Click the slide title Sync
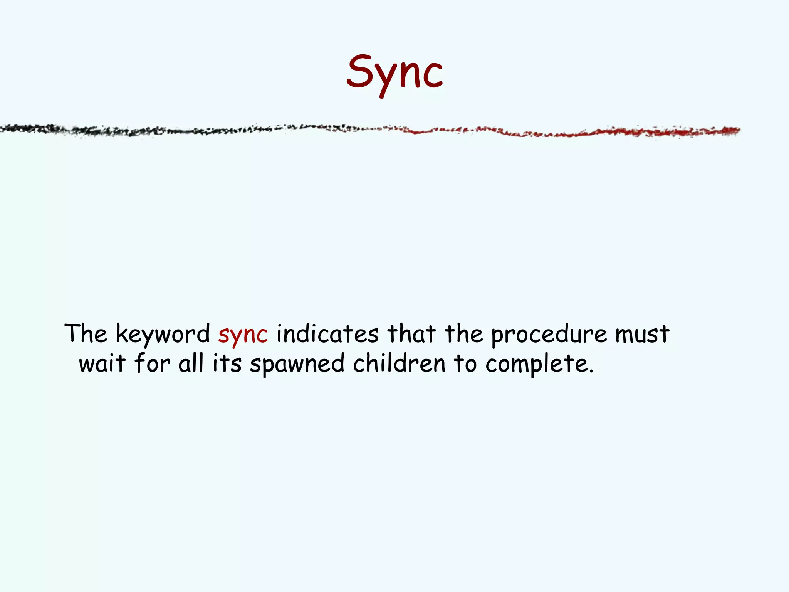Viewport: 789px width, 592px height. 394,73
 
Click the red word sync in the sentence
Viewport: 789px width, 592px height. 243,335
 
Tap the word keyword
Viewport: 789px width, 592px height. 163,334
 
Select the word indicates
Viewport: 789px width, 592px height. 327,334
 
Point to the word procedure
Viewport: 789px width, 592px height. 549,335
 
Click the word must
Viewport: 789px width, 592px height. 642,334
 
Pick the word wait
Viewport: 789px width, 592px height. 102,363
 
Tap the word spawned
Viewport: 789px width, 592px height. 297,364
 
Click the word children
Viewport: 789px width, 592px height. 399,363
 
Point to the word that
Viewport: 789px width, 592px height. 411,334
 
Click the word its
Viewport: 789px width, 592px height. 227,363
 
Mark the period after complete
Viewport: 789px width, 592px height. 591,372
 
